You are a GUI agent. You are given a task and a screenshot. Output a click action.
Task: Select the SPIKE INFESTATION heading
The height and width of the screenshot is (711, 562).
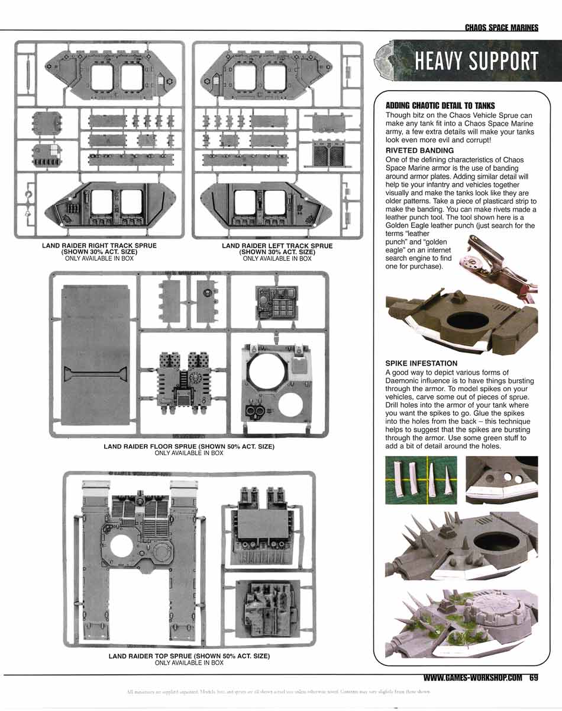pos(421,363)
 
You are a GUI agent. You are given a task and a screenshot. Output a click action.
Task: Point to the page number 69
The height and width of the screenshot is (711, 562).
pos(534,678)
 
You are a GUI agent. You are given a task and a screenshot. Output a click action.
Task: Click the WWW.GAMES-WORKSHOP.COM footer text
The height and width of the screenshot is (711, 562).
pos(473,678)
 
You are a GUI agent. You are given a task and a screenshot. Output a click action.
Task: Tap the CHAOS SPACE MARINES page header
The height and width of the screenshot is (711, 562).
pos(501,28)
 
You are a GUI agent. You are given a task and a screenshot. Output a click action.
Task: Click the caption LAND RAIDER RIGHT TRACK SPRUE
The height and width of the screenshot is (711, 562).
pos(99,245)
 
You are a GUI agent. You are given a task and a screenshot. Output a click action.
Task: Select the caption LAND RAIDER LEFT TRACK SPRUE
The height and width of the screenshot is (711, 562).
pos(277,245)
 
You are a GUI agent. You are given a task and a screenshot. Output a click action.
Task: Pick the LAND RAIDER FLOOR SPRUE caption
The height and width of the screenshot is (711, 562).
pos(189,446)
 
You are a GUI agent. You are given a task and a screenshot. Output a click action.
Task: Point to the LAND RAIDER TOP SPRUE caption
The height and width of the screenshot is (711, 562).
pos(189,656)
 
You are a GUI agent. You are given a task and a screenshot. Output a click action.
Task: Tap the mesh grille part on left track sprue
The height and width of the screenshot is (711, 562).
pos(323,153)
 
